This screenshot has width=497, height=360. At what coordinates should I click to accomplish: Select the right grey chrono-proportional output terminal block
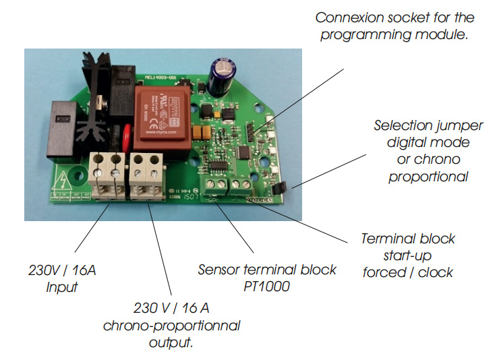(x=147, y=175)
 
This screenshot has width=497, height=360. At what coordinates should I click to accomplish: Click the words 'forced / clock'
(x=408, y=272)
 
